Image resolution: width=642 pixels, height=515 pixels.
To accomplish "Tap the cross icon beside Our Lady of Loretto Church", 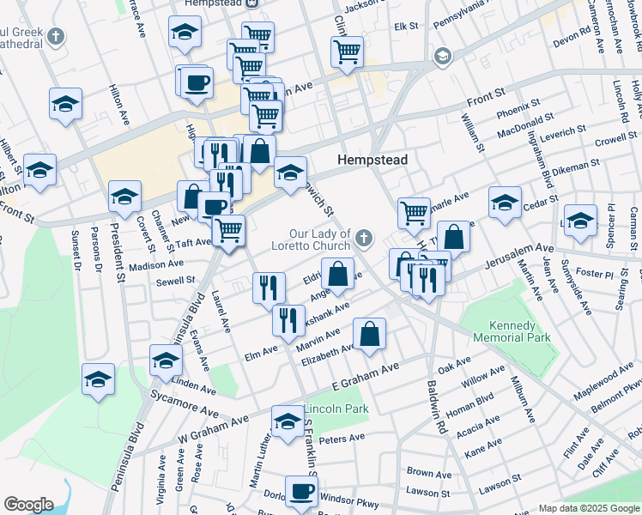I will pyautogui.click(x=365, y=236).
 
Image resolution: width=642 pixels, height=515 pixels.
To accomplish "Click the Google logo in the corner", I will pyautogui.click(x=28, y=505).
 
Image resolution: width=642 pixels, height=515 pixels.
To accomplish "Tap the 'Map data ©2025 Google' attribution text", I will pyautogui.click(x=589, y=508).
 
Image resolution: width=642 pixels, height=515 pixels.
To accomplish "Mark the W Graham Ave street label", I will pyautogui.click(x=213, y=426).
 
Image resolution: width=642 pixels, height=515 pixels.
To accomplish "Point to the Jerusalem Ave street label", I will pyautogui.click(x=521, y=255).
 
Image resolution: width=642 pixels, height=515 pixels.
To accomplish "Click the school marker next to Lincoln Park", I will pyautogui.click(x=287, y=421).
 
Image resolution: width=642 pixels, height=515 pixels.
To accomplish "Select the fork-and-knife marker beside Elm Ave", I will pyautogui.click(x=288, y=320).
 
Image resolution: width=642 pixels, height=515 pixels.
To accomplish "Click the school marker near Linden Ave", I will pyautogui.click(x=166, y=361).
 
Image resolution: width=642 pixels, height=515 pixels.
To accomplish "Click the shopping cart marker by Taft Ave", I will pyautogui.click(x=228, y=230).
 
